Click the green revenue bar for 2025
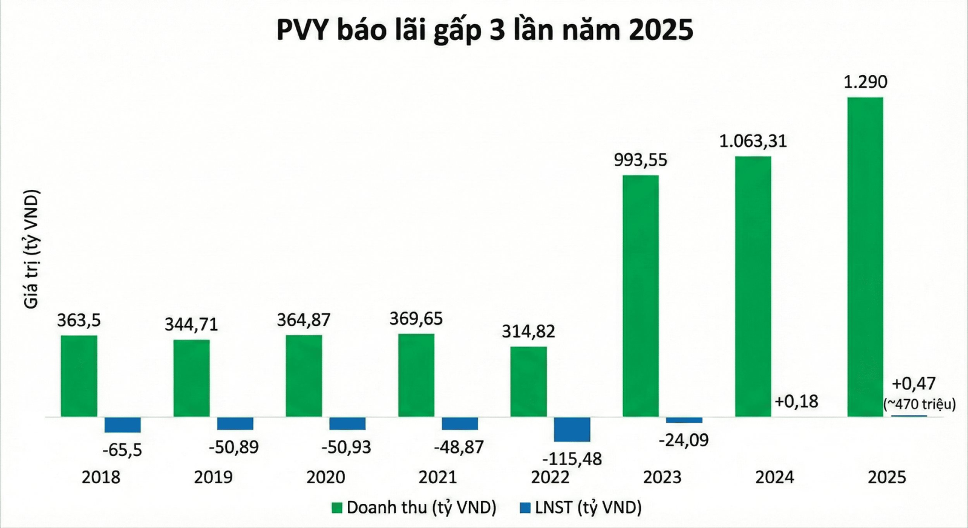[x=865, y=256]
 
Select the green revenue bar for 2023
[x=641, y=296]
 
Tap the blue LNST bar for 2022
[x=572, y=429]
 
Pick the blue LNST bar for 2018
[x=122, y=425]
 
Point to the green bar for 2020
[x=304, y=376]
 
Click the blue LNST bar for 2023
[x=684, y=420]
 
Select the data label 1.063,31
[x=753, y=142]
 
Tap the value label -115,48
[x=572, y=458]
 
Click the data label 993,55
[x=640, y=160]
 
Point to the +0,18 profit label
[x=796, y=401]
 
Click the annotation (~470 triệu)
[x=920, y=404]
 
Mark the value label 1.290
[x=865, y=82]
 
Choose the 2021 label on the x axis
[x=438, y=477]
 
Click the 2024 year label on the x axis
[x=774, y=477]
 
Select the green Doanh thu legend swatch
[x=337, y=507]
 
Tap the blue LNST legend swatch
[x=525, y=507]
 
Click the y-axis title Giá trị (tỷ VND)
[x=31, y=249]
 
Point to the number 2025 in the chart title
[x=661, y=30]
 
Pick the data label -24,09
[x=683, y=440]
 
